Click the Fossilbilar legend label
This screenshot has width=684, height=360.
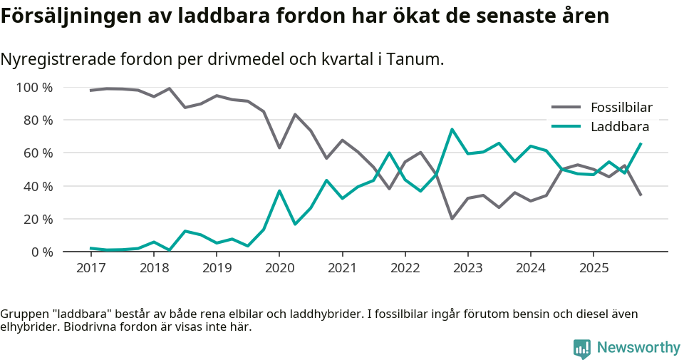pyautogui.click(x=621, y=108)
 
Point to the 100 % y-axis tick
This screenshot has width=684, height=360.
pyautogui.click(x=35, y=88)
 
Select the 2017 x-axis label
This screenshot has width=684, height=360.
pyautogui.click(x=90, y=268)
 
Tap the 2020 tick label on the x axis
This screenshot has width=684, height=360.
pyautogui.click(x=279, y=268)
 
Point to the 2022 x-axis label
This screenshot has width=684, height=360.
pyautogui.click(x=405, y=268)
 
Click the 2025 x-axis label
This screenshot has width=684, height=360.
pyautogui.click(x=594, y=268)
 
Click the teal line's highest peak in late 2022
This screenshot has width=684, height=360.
pyautogui.click(x=452, y=130)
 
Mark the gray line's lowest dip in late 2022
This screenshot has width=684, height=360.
pyautogui.click(x=452, y=218)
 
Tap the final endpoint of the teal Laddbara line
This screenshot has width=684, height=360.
pyautogui.click(x=641, y=144)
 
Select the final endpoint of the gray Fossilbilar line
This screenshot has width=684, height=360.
pyautogui.click(x=641, y=195)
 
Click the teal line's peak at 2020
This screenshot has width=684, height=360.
pyautogui.click(x=279, y=191)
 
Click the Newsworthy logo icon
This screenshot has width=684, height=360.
pyautogui.click(x=581, y=348)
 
